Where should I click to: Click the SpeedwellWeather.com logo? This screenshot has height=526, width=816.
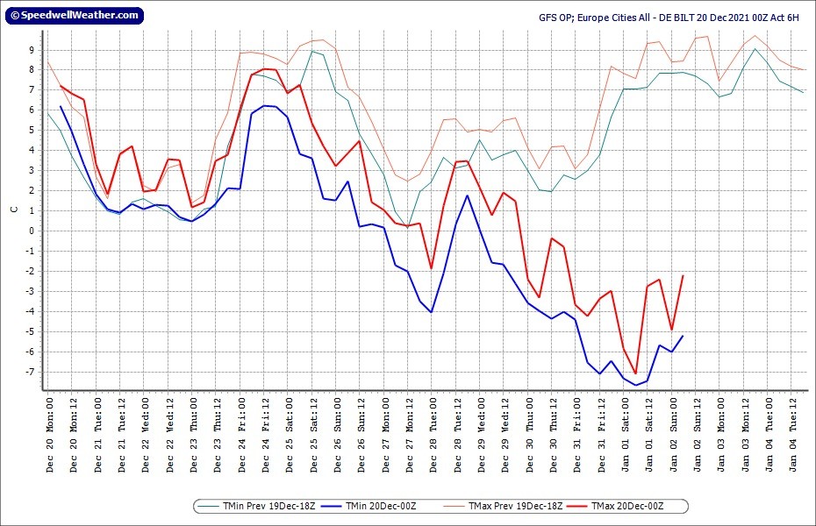tap(75, 16)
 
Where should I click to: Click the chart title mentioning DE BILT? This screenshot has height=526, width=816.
tap(669, 18)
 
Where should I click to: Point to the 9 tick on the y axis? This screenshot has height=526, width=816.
tap(32, 51)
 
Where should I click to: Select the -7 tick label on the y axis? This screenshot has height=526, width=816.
tap(30, 373)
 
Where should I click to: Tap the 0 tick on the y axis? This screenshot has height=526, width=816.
tap(32, 231)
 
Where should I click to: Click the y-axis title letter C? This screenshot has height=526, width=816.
tap(14, 210)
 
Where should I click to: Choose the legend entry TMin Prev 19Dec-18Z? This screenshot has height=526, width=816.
tap(256, 506)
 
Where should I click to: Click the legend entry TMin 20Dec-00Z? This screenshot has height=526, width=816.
tap(369, 506)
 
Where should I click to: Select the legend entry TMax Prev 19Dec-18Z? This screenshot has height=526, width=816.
tap(503, 506)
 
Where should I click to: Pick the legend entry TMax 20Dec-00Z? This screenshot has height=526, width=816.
tap(616, 506)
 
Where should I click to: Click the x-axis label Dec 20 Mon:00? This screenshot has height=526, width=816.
tap(50, 436)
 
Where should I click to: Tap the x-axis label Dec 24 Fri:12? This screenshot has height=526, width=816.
tap(266, 436)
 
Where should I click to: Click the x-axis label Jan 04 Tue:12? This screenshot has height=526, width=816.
tap(793, 436)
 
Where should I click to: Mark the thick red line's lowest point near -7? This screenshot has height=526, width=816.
tap(635, 373)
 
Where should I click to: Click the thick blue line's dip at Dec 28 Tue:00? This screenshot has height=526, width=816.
tap(431, 312)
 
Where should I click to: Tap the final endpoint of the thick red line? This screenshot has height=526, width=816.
tap(683, 276)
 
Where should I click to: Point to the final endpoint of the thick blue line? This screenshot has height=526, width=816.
tap(683, 337)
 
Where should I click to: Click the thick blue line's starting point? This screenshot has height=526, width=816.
tap(61, 107)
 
